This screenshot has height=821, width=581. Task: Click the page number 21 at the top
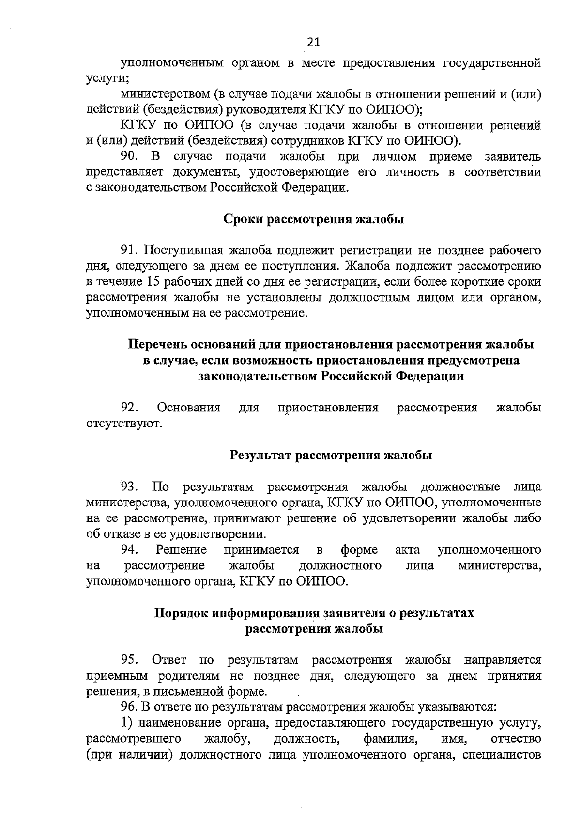pyautogui.click(x=314, y=43)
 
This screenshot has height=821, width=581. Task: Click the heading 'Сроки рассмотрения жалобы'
pyautogui.click(x=314, y=219)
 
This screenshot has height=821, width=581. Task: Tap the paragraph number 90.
pyautogui.click(x=130, y=157)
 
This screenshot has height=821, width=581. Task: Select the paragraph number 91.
pyautogui.click(x=130, y=251)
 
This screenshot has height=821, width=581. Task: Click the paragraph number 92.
pyautogui.click(x=130, y=408)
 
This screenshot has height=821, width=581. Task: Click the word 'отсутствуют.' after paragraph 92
pyautogui.click(x=124, y=424)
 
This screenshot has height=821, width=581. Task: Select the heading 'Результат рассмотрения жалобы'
pyautogui.click(x=331, y=456)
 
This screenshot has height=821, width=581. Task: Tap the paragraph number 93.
pyautogui.click(x=130, y=487)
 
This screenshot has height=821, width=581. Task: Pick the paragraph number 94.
pyautogui.click(x=130, y=550)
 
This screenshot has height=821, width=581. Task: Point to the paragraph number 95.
pyautogui.click(x=130, y=660)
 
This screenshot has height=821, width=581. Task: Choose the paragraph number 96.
pyautogui.click(x=130, y=707)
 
